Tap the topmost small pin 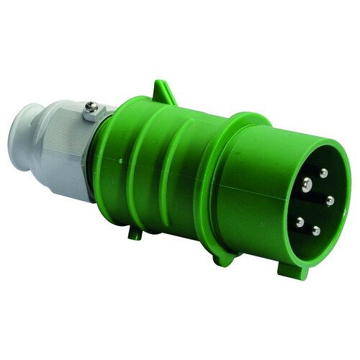point(324,173)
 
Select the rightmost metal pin point(330,201)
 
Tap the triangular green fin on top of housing point(163,92)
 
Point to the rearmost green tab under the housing point(135,232)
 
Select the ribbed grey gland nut point(68,155)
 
